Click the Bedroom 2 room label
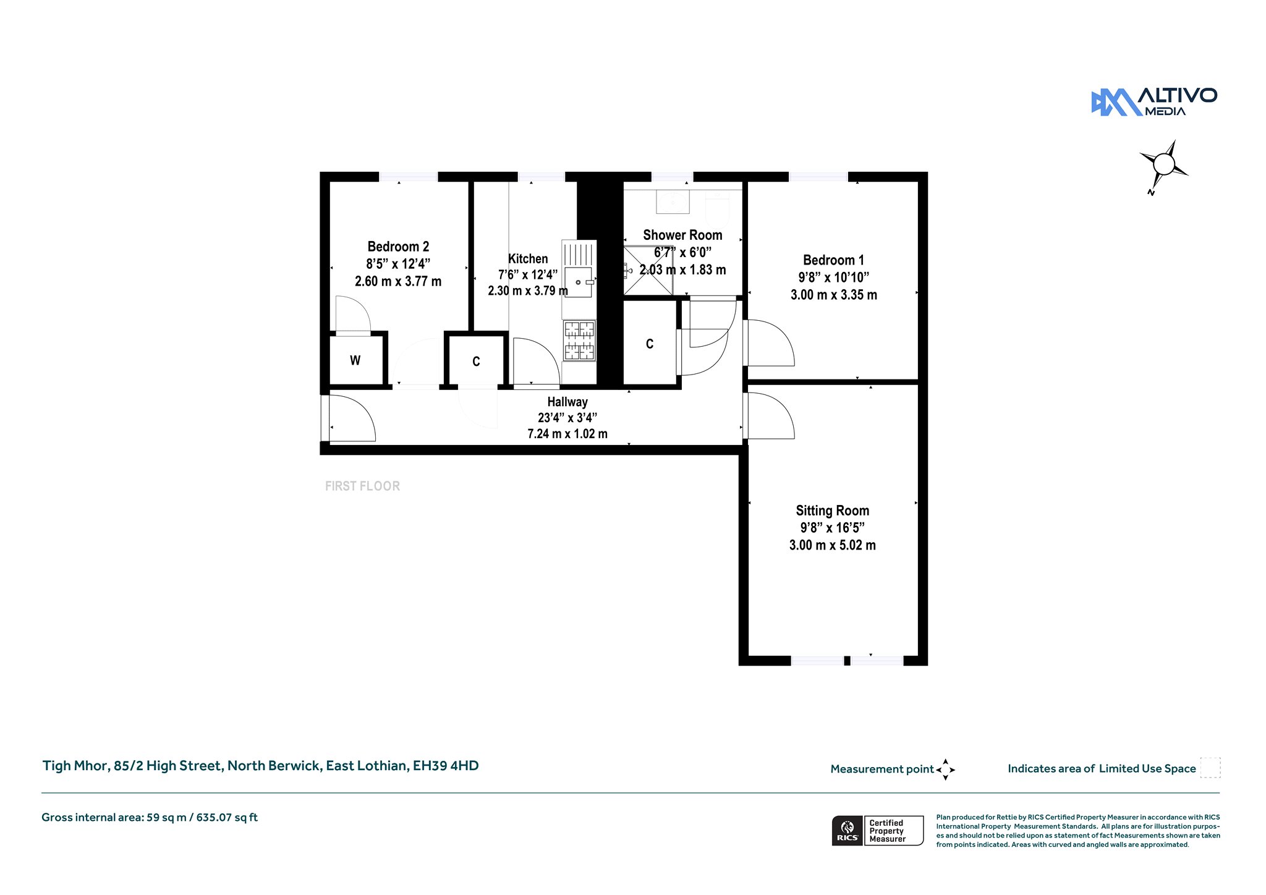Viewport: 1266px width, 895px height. click(398, 247)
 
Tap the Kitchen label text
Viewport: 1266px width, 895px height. click(528, 259)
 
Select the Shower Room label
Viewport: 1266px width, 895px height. click(682, 235)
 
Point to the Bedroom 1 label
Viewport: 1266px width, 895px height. click(833, 260)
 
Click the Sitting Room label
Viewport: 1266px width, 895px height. click(832, 511)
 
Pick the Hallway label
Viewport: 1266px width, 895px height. click(567, 402)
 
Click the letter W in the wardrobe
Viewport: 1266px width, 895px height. click(355, 360)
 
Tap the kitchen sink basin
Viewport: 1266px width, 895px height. click(579, 282)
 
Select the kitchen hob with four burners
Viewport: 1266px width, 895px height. click(579, 340)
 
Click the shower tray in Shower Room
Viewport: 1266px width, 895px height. click(648, 271)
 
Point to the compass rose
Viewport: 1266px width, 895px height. click(1164, 165)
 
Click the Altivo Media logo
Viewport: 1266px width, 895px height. click(1154, 102)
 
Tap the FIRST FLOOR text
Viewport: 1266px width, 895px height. click(362, 486)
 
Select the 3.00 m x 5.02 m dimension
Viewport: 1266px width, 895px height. click(832, 545)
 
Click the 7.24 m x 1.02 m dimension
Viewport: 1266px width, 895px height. click(567, 434)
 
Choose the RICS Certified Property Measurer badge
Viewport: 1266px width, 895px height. click(878, 831)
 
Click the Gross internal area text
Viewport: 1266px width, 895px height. click(150, 817)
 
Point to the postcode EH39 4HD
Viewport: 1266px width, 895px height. click(446, 766)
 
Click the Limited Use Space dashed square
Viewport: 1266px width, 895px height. click(1210, 767)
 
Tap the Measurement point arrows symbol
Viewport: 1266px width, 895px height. click(946, 770)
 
